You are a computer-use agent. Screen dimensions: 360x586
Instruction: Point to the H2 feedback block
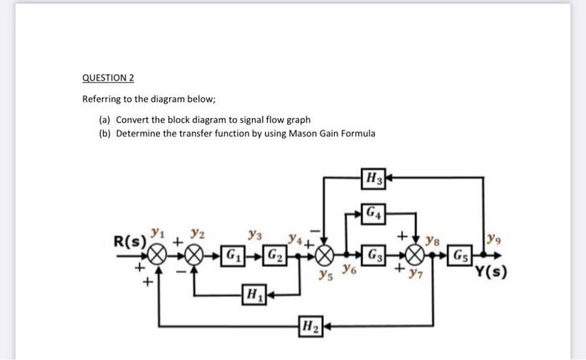pyautogui.click(x=312, y=325)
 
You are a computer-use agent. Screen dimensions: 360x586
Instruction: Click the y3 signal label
pyautogui.click(x=249, y=237)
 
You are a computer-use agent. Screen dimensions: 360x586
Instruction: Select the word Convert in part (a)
pyautogui.click(x=133, y=120)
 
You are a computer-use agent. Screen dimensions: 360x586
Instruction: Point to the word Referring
pyautogui.click(x=102, y=98)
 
